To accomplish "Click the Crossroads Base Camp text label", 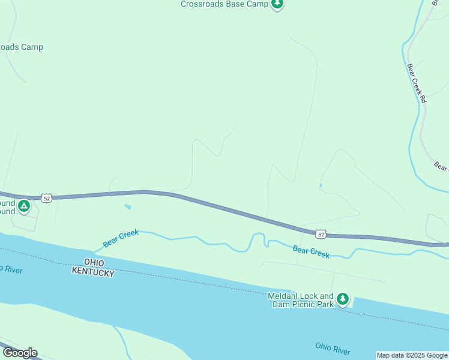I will (x=224, y=4).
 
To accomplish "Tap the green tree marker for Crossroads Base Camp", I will (x=277, y=4).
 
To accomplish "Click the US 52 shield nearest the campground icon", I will (x=47, y=197).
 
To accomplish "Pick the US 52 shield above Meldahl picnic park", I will (x=321, y=234).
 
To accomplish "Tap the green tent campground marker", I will (x=24, y=207).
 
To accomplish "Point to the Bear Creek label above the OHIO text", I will (x=121, y=238).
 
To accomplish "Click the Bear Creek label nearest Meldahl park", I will (x=311, y=251).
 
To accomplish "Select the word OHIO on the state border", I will (x=95, y=263).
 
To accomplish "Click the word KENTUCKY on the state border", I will (x=93, y=272).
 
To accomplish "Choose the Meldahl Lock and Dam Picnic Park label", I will (x=301, y=300).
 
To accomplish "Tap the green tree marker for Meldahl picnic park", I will (x=342, y=299).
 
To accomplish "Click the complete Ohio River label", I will (x=333, y=348).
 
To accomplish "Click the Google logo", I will (x=20, y=353).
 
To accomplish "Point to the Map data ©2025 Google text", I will (x=412, y=355).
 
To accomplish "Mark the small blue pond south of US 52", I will (x=127, y=207).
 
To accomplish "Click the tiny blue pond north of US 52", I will (x=321, y=185).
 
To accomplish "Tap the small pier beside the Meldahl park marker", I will (x=352, y=301).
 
